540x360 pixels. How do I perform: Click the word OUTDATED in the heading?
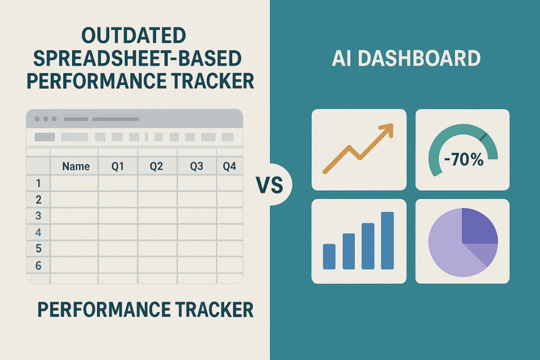click(133, 36)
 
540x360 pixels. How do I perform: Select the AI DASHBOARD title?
click(406, 59)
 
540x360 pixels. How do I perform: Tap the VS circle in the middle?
click(269, 185)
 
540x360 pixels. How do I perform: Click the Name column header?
click(76, 167)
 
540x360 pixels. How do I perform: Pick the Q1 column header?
click(118, 167)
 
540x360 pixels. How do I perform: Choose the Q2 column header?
click(157, 167)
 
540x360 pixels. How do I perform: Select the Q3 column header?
click(197, 167)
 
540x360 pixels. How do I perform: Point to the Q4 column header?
click(229, 167)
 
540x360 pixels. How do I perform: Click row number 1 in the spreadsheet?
click(38, 183)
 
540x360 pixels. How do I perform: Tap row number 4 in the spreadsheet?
click(38, 232)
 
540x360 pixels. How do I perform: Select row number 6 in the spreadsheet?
click(38, 266)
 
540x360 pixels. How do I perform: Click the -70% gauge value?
click(463, 160)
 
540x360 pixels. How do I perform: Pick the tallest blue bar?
click(388, 240)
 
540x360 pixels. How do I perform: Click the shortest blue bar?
click(329, 256)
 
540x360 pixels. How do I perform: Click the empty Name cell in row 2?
click(74, 199)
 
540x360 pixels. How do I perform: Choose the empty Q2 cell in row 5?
click(157, 248)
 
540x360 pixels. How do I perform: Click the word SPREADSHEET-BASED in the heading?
click(133, 59)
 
